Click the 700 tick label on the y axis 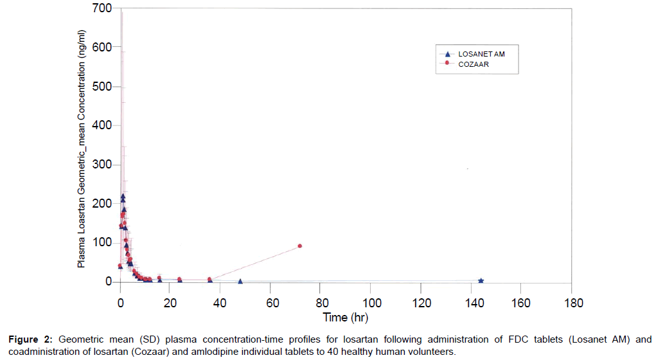103,8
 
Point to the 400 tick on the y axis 103,125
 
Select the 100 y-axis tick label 103,243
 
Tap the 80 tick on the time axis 321,302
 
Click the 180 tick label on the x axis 572,302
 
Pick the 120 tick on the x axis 421,302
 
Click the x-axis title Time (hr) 346,317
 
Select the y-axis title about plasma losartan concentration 82,148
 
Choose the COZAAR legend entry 473,64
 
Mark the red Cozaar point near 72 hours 300,246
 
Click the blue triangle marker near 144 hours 481,280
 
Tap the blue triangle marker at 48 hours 240,281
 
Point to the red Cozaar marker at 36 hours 209,279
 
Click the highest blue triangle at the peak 123,196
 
